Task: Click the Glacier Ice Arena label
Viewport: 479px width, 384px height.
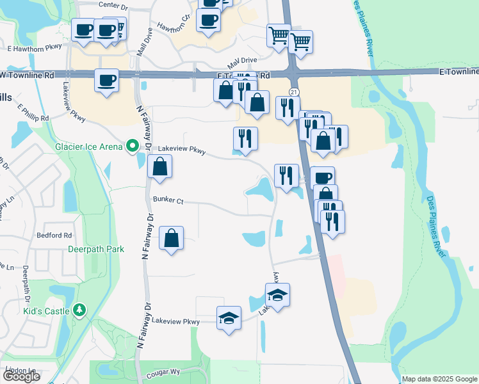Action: coord(88,147)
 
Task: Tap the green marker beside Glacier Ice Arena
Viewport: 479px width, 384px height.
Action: coord(133,146)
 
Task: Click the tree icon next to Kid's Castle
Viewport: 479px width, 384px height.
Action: coord(79,310)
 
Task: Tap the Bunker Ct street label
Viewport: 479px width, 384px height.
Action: coord(168,201)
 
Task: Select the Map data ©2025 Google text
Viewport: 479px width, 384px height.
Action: coord(439,379)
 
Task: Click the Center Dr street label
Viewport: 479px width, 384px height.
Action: coord(114,4)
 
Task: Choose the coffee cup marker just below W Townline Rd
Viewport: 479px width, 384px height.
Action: coord(107,81)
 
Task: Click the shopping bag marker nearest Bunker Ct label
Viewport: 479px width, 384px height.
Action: coord(159,168)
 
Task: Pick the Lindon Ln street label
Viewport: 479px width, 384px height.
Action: coord(20,371)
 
